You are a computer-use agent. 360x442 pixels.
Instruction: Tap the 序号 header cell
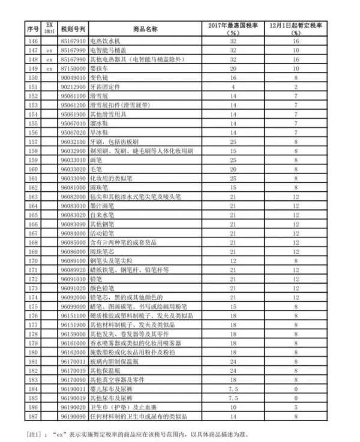tap(32, 29)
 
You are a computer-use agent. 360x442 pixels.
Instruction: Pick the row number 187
tap(32, 416)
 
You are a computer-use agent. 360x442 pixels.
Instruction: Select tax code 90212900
tap(74, 88)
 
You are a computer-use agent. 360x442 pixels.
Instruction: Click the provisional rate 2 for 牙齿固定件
tap(295, 88)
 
